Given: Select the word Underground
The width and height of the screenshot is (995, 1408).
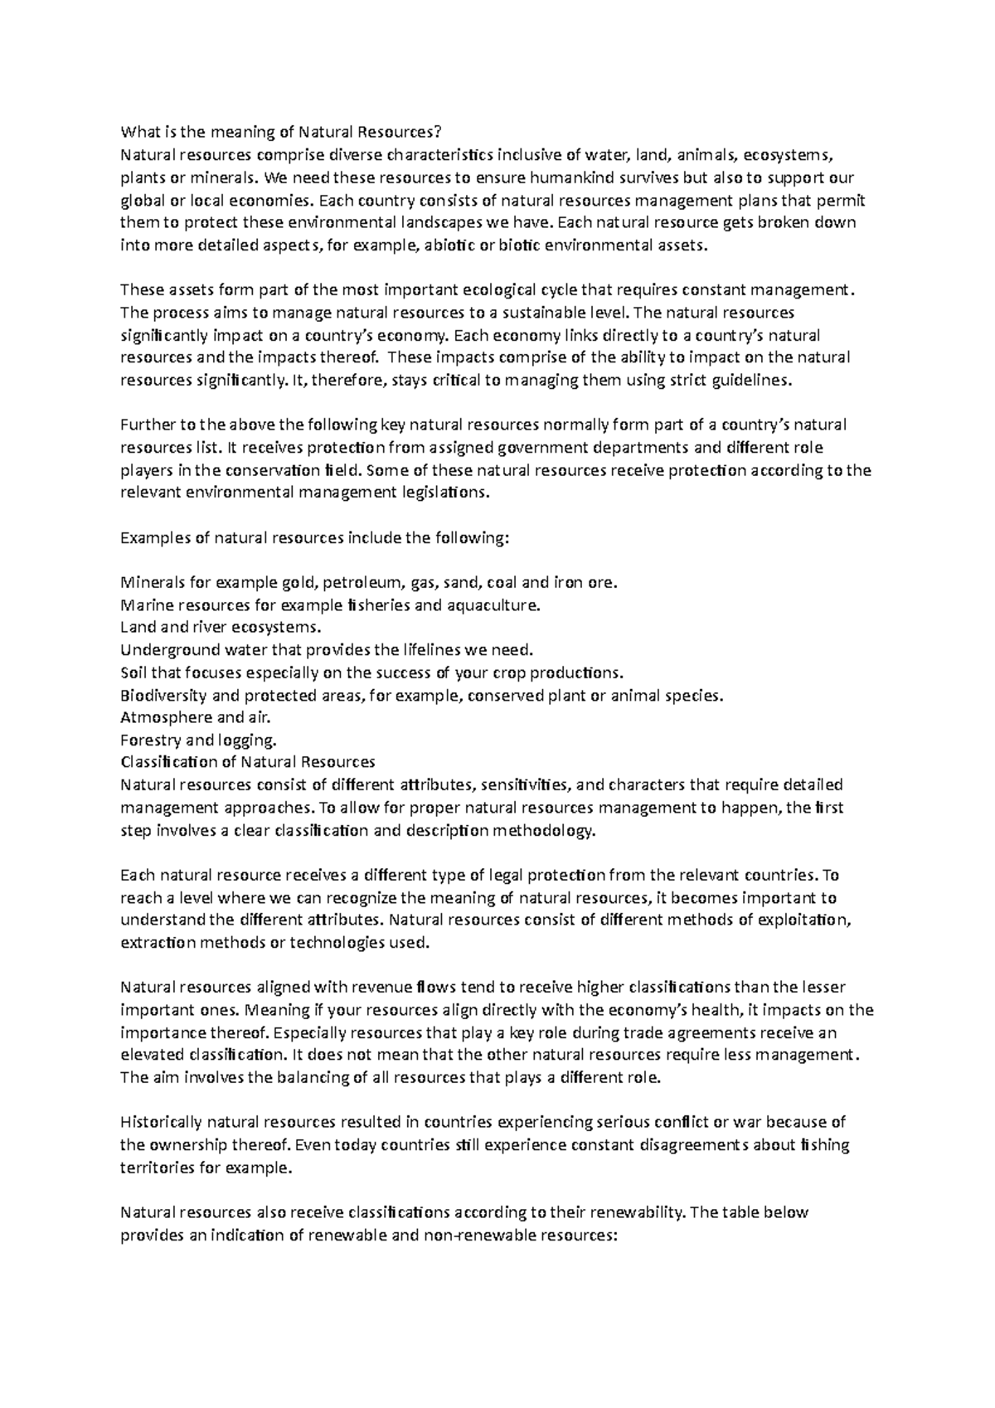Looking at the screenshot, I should coord(161,649).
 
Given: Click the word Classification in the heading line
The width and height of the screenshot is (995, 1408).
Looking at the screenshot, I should coord(167,762).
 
